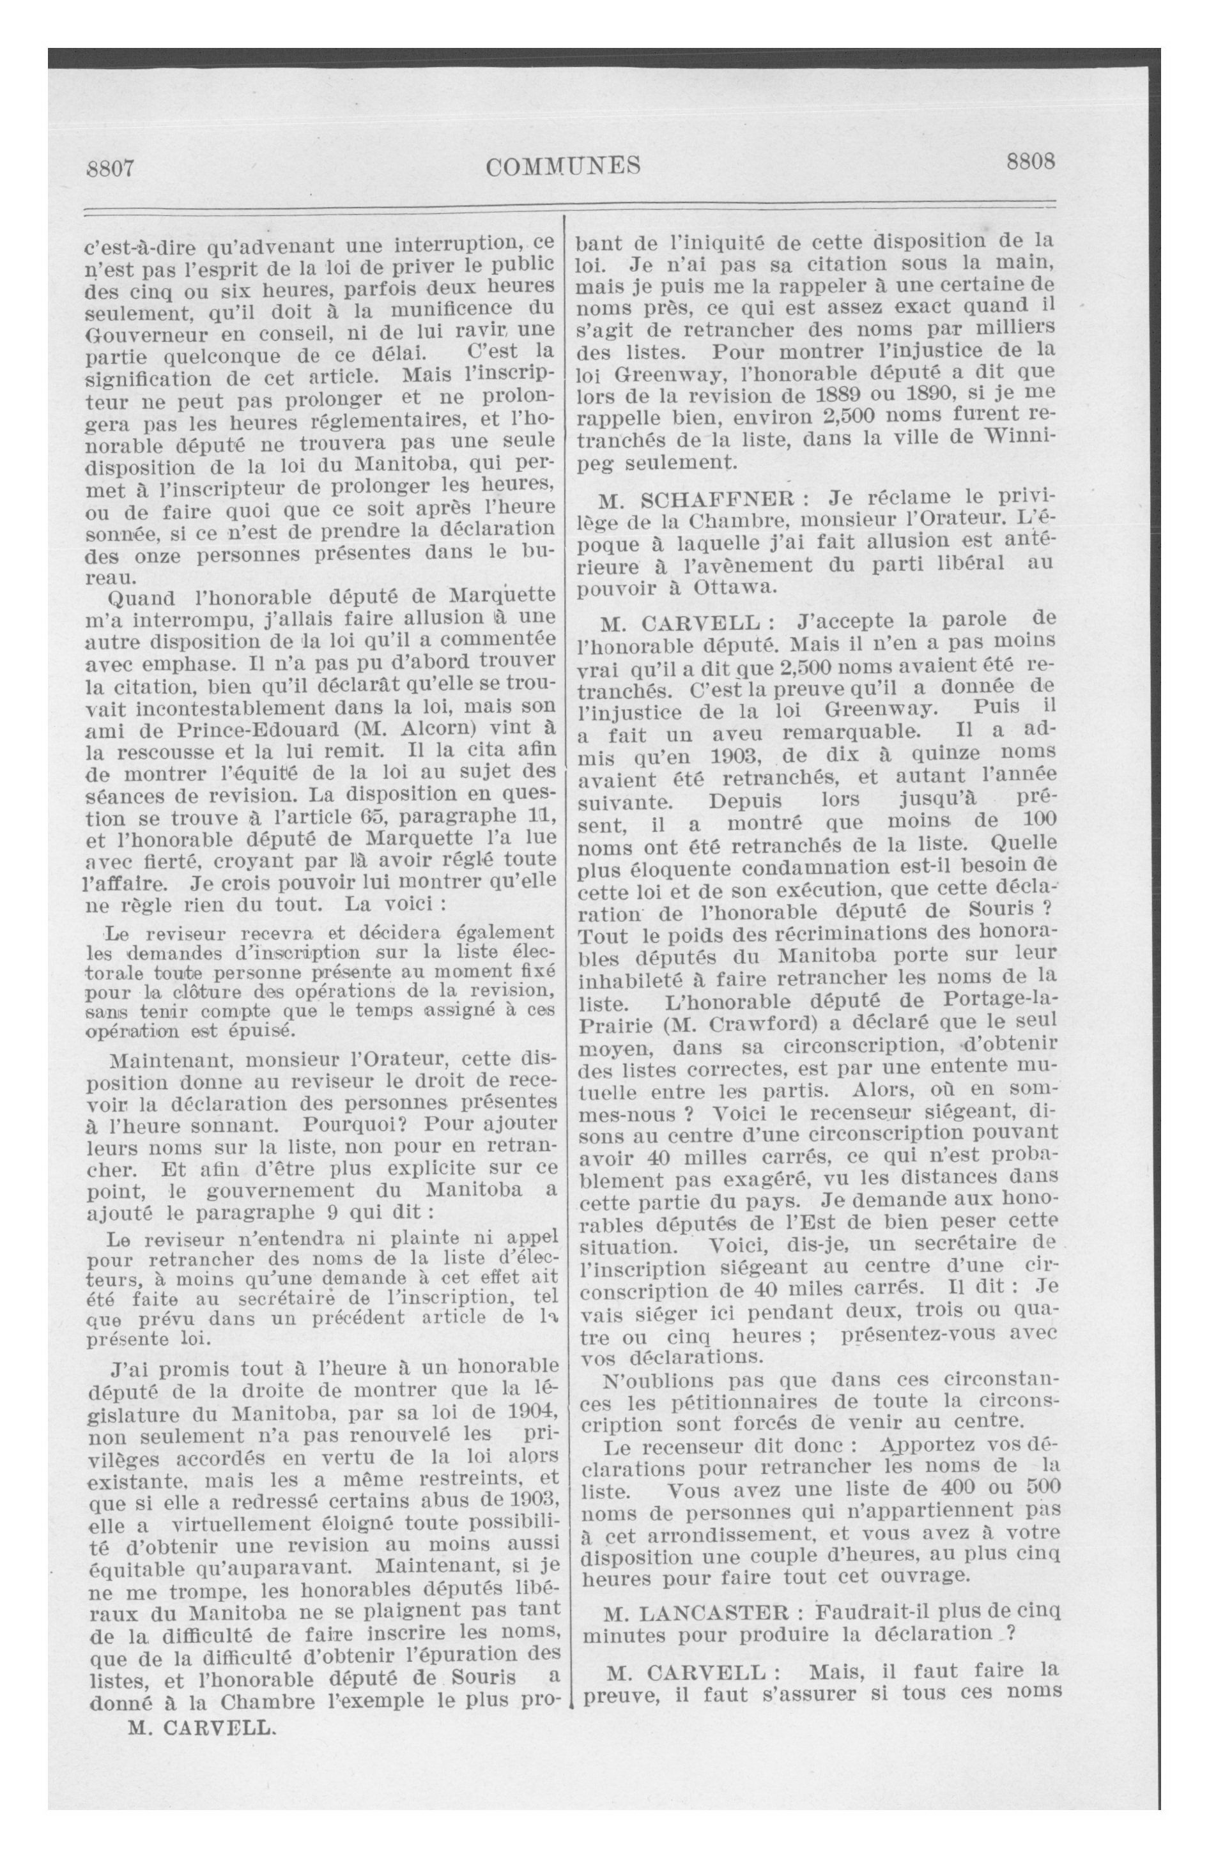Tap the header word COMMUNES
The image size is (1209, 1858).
pyautogui.click(x=562, y=165)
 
